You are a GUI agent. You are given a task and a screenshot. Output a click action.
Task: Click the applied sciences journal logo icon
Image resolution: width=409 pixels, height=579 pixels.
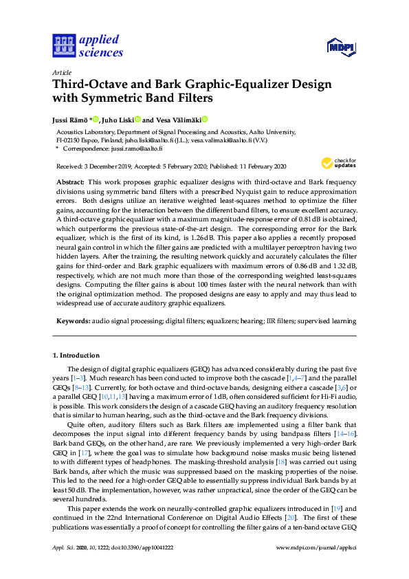coord(63,45)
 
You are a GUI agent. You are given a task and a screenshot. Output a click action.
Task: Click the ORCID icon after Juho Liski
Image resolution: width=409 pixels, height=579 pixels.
coord(137,119)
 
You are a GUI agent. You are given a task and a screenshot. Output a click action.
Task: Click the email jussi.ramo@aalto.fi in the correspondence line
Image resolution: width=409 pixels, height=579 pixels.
coord(137,148)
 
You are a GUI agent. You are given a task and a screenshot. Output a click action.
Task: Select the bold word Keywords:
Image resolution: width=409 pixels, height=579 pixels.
coord(71,320)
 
